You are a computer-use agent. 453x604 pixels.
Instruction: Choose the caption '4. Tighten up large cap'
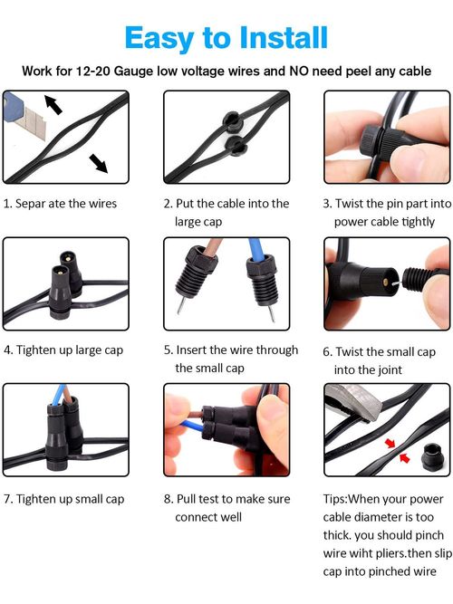pyautogui.click(x=63, y=350)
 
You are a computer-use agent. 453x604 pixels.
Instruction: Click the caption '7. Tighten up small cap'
pyautogui.click(x=63, y=499)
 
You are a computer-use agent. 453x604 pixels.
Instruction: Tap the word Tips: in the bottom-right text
pyautogui.click(x=339, y=499)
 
